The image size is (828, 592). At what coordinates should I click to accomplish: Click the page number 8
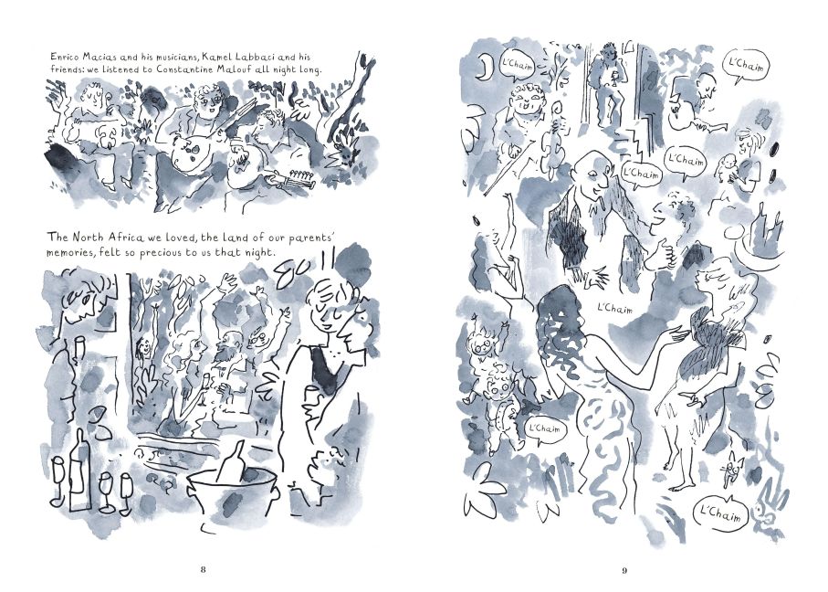pyautogui.click(x=204, y=570)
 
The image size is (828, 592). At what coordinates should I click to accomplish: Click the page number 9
pyautogui.click(x=624, y=570)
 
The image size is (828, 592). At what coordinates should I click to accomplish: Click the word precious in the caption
pyautogui.click(x=160, y=252)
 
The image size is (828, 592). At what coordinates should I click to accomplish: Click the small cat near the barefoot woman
pyautogui.click(x=731, y=470)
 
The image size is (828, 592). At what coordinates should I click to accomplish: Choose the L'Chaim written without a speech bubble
pyautogui.click(x=614, y=308)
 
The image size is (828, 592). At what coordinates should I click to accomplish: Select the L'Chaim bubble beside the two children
pyautogui.click(x=544, y=428)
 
